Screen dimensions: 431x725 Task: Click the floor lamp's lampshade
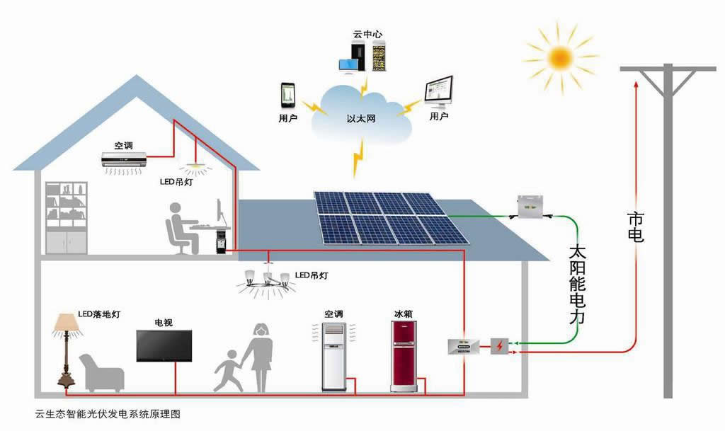67,324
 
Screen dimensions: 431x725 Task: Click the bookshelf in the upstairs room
67,217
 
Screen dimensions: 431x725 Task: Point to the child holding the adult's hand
229,367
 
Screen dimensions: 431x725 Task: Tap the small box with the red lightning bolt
500,346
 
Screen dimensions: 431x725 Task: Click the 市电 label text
636,226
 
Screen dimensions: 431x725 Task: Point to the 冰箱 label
403,314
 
